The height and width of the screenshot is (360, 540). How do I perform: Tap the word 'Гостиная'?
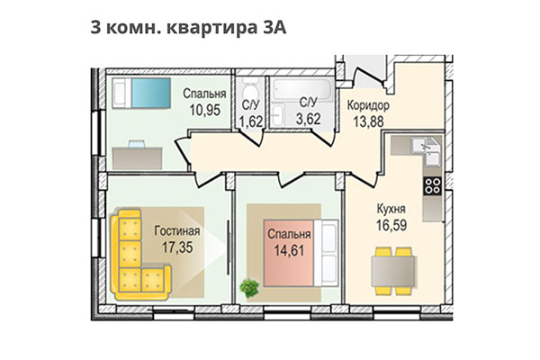point(176,229)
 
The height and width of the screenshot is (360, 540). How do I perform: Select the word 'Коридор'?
point(367,104)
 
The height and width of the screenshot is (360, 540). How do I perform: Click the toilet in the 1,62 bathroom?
point(251,94)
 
